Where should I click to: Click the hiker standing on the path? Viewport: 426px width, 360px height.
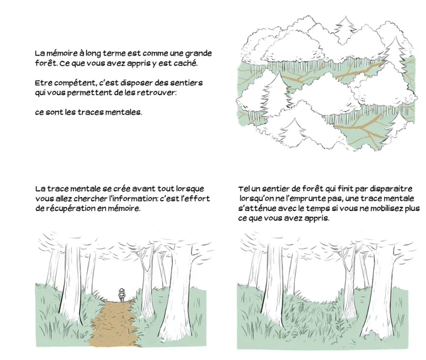[122, 295]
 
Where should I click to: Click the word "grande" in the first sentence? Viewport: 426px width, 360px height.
[199, 53]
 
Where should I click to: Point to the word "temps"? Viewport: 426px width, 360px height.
[308, 209]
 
